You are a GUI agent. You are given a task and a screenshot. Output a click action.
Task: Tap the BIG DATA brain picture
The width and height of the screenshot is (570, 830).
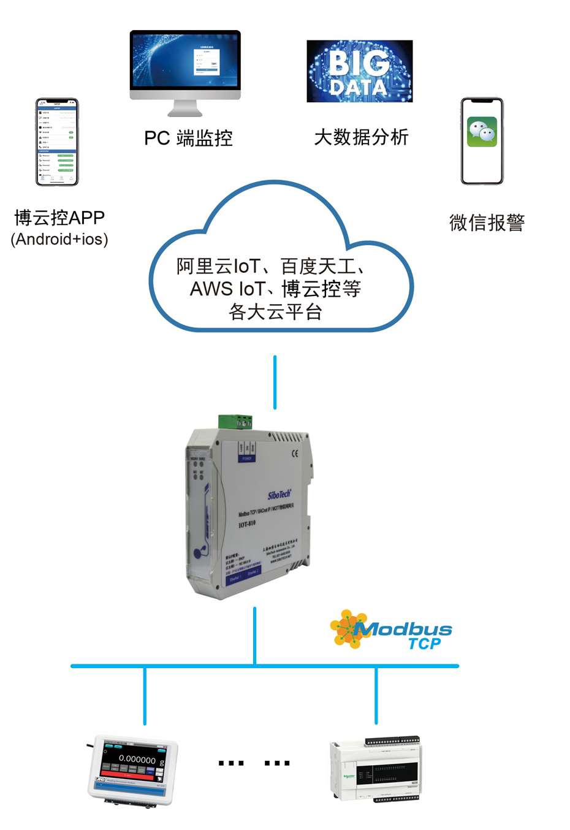[359, 71]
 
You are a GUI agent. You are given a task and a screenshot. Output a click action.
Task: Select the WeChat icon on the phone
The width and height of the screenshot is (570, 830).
[482, 132]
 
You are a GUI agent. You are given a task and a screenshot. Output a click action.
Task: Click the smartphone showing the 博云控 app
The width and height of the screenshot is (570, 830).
[57, 142]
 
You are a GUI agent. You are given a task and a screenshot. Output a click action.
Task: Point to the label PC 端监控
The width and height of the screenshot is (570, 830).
[188, 139]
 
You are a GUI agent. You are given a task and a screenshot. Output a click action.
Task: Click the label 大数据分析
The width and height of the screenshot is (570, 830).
[361, 137]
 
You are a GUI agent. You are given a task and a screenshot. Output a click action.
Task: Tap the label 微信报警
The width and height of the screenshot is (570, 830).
[487, 223]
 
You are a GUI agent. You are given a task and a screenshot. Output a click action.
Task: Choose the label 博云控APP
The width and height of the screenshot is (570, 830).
[59, 218]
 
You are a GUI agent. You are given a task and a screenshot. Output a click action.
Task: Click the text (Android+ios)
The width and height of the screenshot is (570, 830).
[59, 239]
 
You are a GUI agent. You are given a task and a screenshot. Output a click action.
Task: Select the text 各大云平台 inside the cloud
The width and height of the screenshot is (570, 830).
[275, 312]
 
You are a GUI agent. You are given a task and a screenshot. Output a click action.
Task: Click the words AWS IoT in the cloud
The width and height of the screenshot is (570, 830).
[227, 289]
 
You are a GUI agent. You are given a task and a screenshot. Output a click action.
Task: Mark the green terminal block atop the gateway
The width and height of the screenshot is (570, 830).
[235, 421]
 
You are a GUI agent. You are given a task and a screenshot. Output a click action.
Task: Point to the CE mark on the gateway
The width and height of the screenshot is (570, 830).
[295, 454]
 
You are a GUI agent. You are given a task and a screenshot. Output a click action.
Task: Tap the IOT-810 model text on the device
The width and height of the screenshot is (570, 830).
[247, 524]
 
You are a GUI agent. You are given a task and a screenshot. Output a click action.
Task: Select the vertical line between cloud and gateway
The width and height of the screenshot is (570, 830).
[275, 382]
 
